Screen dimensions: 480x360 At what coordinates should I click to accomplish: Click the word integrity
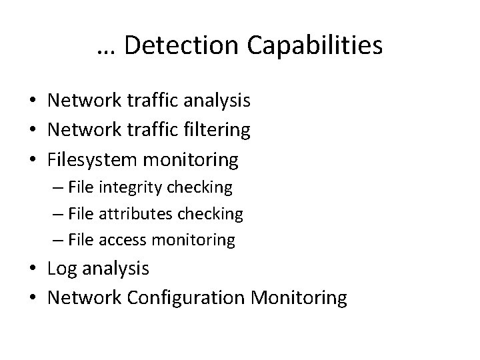pos(126,188)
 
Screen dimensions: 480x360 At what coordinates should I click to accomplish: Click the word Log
pos(62,269)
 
